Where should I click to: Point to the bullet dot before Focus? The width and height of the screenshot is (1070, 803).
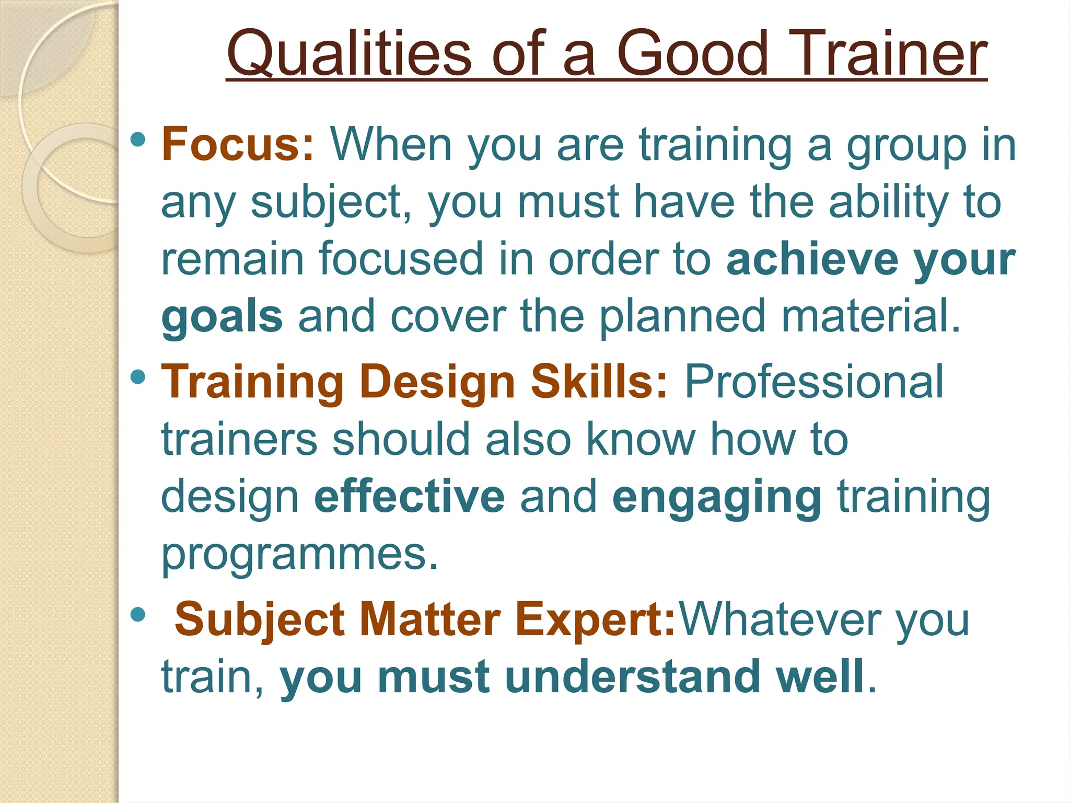point(137,139)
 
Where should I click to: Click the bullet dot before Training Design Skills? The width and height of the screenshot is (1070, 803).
point(137,376)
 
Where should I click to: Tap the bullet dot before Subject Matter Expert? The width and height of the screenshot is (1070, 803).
point(137,614)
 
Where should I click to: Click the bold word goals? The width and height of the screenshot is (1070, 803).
point(223,317)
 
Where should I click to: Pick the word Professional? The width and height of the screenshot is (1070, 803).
point(814,382)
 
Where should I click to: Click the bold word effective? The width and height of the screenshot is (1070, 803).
point(410,496)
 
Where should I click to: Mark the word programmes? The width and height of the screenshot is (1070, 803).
point(299,554)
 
